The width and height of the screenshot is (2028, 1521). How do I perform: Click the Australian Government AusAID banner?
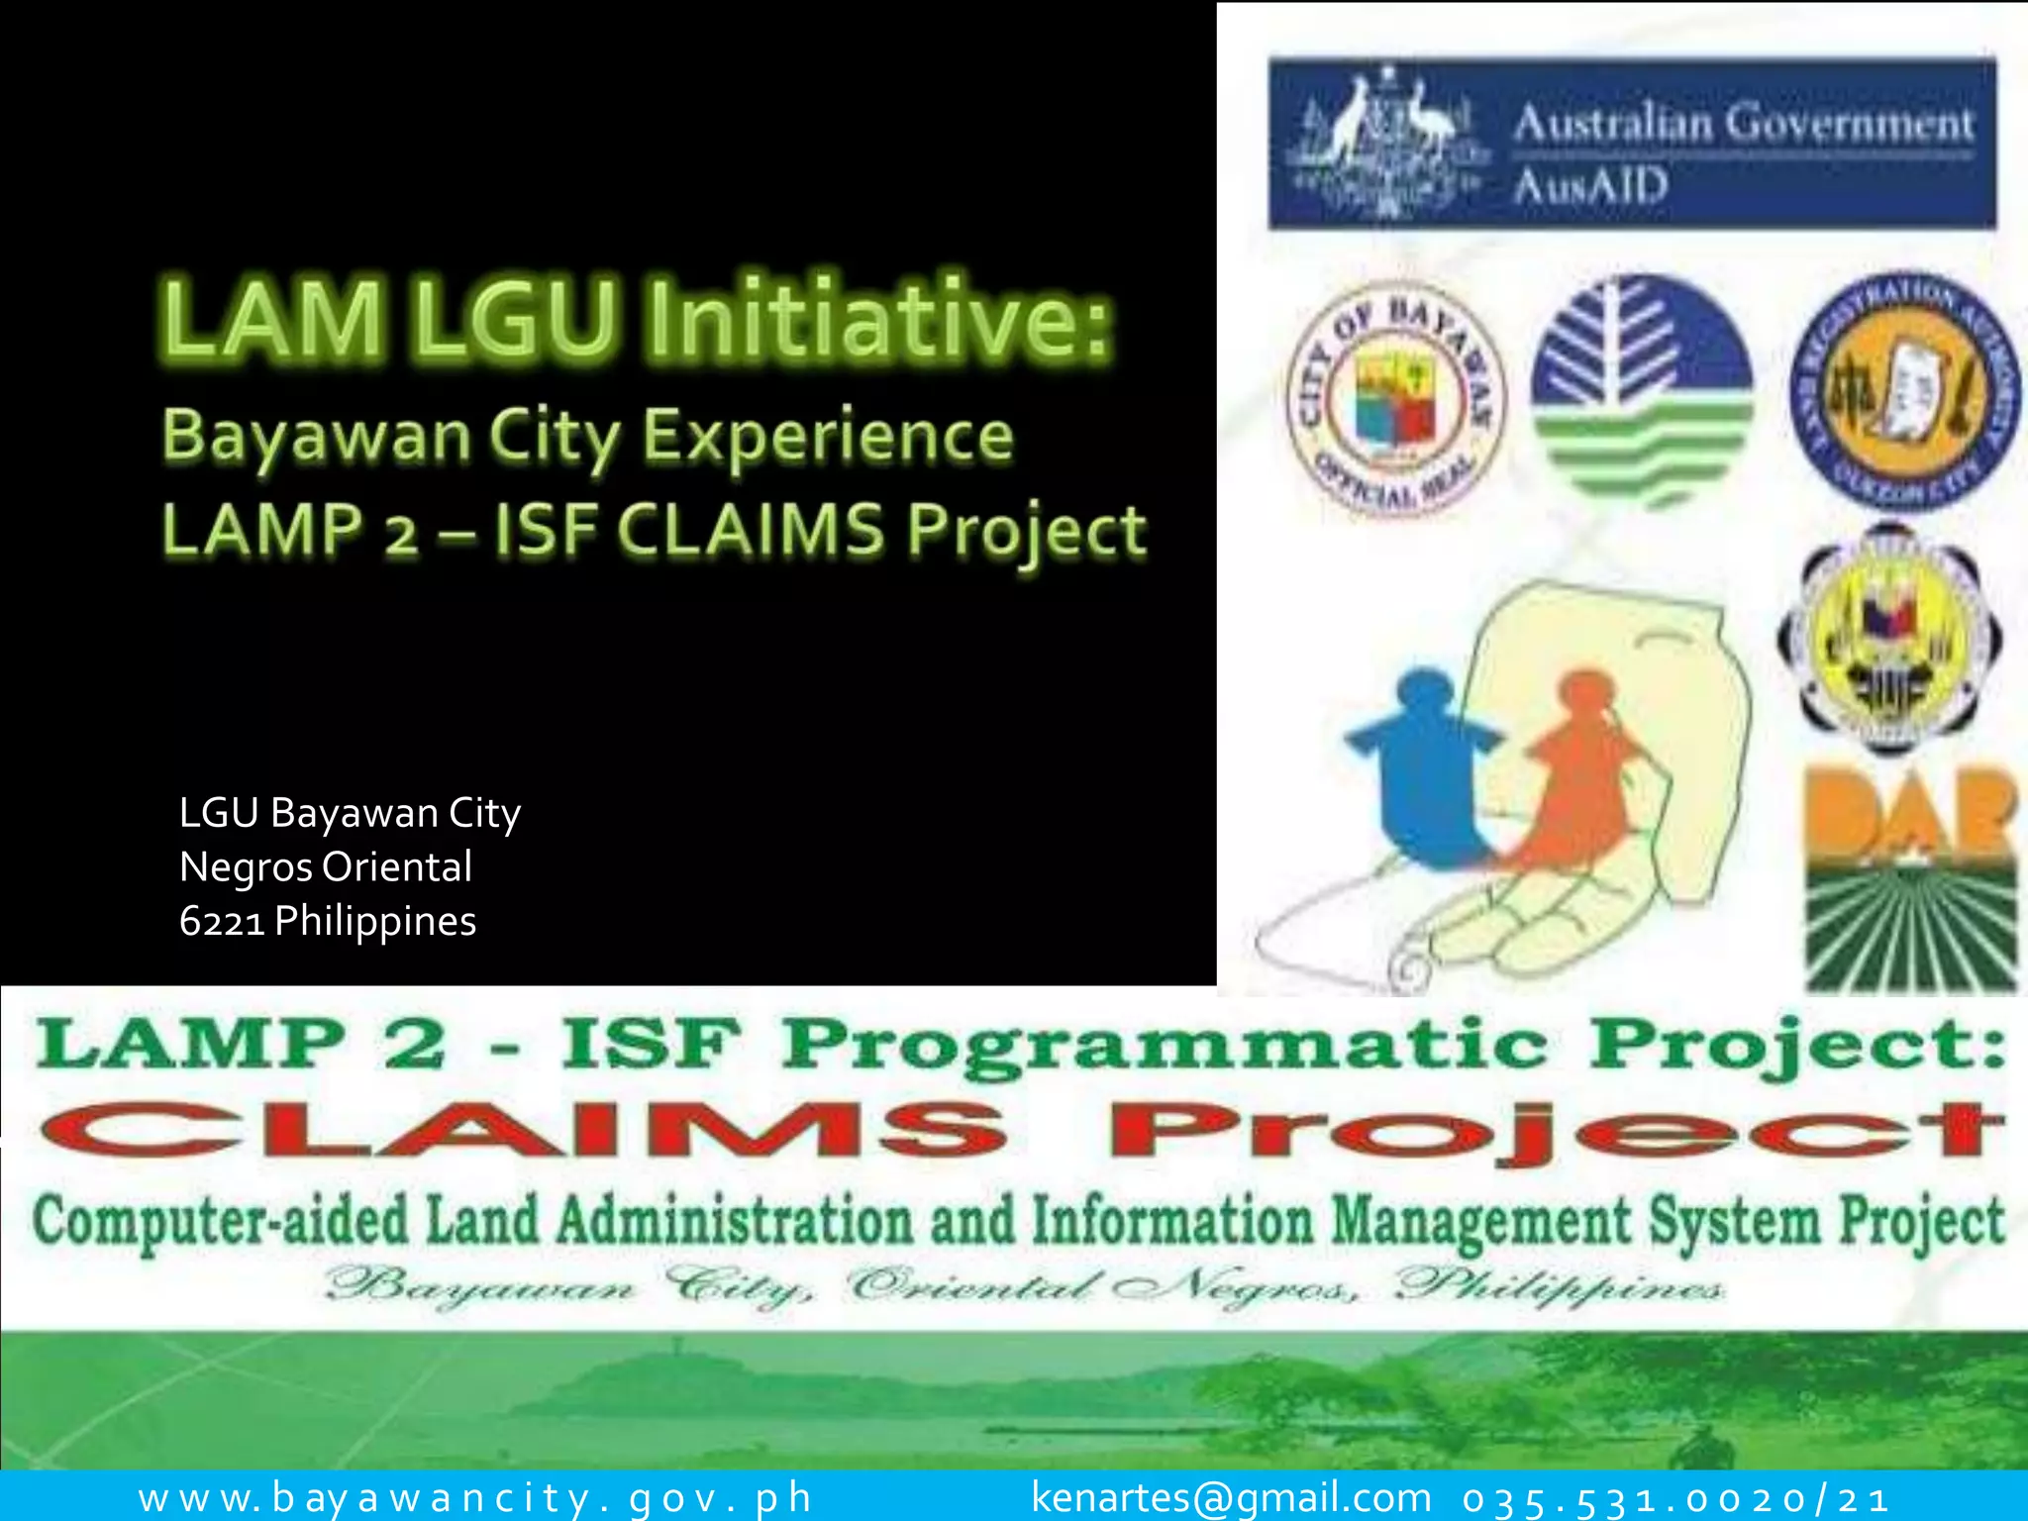[x=1632, y=144]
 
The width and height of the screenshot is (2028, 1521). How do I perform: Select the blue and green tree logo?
[x=1641, y=390]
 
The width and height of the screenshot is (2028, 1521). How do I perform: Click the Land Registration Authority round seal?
[x=1903, y=390]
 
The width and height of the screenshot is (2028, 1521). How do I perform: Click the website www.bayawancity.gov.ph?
[x=475, y=1497]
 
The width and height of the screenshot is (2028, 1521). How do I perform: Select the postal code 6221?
[x=222, y=922]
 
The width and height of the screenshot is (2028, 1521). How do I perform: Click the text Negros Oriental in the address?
[x=326, y=867]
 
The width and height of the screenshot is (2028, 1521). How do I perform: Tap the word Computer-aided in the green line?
[x=220, y=1220]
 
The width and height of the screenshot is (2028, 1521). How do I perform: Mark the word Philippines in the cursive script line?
[x=1559, y=1286]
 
